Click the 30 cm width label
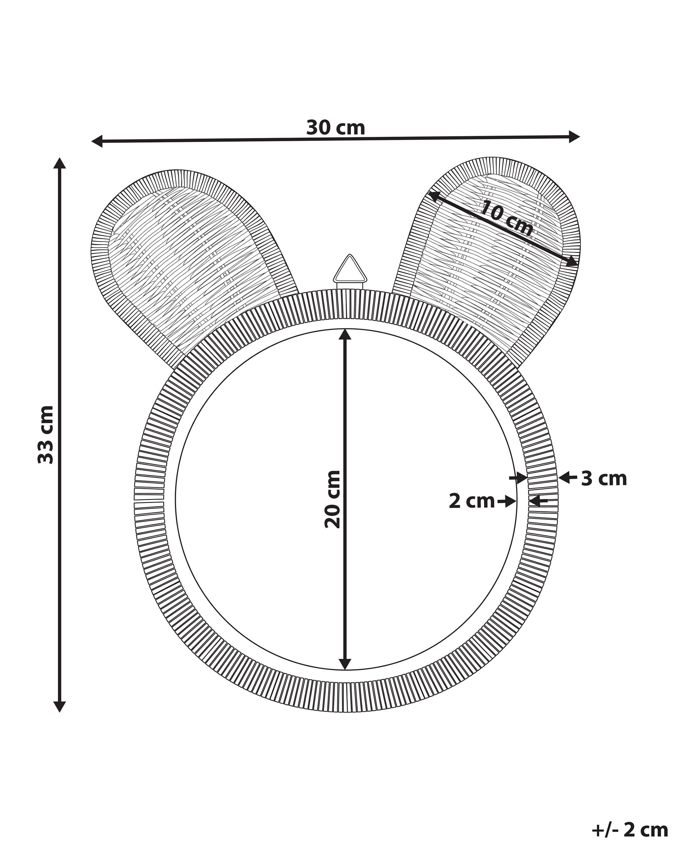335,128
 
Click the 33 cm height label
46,434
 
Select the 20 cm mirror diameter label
332,499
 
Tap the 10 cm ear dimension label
507,218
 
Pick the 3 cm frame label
604,479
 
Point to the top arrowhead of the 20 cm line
345,335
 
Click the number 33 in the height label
46,450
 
